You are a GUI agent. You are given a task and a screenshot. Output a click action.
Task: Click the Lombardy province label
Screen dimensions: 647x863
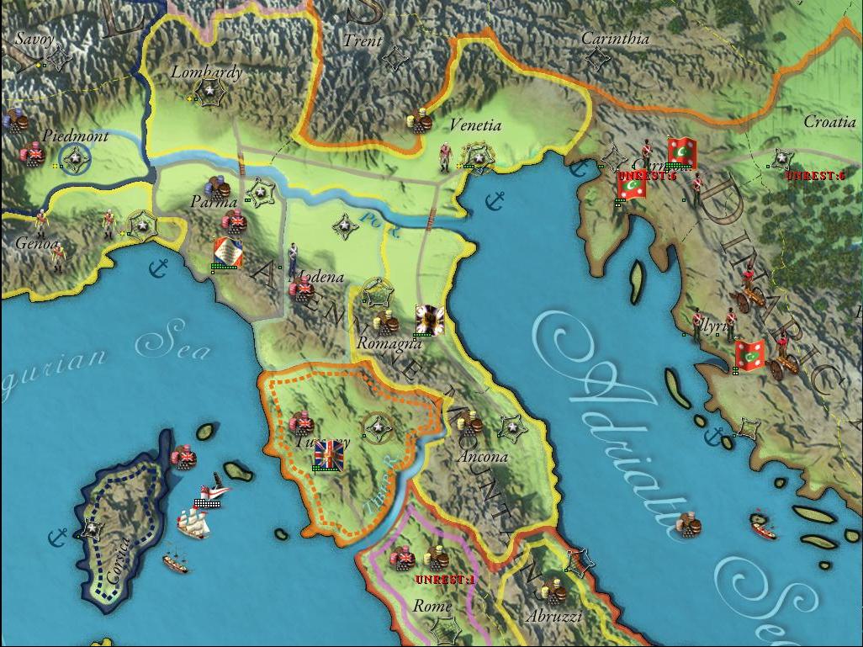[206, 72]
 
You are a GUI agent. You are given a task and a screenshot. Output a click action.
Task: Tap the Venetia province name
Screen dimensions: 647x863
[475, 126]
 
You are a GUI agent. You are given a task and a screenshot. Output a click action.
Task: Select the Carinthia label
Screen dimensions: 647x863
[616, 39]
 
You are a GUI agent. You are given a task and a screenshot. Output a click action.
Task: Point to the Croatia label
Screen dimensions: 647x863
[829, 122]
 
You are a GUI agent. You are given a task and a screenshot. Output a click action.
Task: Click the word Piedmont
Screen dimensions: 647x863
[75, 136]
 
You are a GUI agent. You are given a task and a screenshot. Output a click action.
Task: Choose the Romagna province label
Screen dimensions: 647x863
[389, 343]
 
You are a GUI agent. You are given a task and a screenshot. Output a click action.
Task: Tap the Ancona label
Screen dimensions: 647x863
[483, 457]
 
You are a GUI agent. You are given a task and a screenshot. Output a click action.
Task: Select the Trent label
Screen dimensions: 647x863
[363, 40]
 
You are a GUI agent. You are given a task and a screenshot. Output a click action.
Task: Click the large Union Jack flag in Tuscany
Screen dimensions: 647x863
[328, 453]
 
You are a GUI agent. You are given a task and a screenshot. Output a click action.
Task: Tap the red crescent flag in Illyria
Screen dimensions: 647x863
[749, 355]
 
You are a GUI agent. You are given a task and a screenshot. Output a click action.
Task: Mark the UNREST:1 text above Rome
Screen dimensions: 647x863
[445, 580]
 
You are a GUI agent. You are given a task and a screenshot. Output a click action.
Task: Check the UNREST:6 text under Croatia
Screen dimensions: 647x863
[814, 176]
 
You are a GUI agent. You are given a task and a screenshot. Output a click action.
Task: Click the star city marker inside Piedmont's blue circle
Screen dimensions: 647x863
[75, 157]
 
